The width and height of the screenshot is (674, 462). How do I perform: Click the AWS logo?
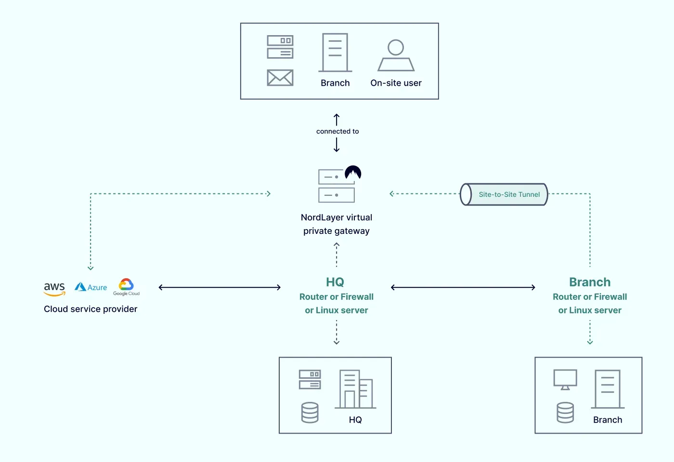pyautogui.click(x=54, y=288)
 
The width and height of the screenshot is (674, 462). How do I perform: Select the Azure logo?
pyautogui.click(x=91, y=287)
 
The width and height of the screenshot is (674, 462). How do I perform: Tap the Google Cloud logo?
pyautogui.click(x=126, y=287)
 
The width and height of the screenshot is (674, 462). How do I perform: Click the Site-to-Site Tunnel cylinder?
pyautogui.click(x=504, y=194)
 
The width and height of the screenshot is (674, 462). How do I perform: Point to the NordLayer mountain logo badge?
pyautogui.click(x=353, y=173)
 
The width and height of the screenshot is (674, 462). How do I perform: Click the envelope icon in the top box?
pyautogui.click(x=280, y=77)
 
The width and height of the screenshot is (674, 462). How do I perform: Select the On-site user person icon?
pyautogui.click(x=396, y=55)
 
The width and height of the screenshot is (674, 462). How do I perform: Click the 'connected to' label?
pyautogui.click(x=337, y=131)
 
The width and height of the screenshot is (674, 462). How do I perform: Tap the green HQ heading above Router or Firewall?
pyautogui.click(x=335, y=282)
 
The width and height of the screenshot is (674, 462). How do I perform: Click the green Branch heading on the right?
pyautogui.click(x=589, y=282)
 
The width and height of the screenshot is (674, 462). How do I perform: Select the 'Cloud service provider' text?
pyautogui.click(x=91, y=309)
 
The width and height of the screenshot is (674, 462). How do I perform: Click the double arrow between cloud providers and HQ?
pyautogui.click(x=220, y=287)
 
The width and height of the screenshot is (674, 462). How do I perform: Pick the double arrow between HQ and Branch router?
pyautogui.click(x=463, y=287)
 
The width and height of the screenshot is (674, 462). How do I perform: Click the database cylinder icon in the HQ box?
pyautogui.click(x=310, y=412)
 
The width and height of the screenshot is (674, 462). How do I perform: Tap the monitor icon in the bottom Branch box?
pyautogui.click(x=565, y=379)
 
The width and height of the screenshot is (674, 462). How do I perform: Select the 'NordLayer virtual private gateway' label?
pyautogui.click(x=337, y=224)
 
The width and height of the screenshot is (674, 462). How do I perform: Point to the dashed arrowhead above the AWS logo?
pyautogui.click(x=91, y=268)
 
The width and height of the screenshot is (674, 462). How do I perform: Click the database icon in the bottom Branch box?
pyautogui.click(x=565, y=412)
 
